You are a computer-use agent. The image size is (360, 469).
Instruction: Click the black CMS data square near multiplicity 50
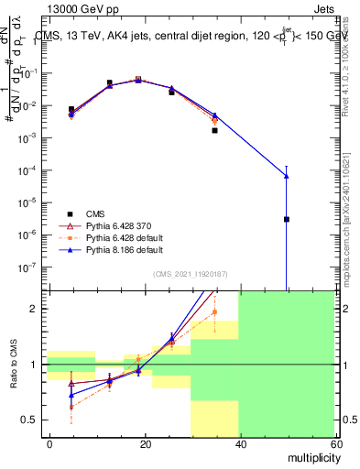pyautogui.click(x=287, y=219)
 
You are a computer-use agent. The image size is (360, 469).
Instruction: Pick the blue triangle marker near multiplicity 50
pyautogui.click(x=287, y=176)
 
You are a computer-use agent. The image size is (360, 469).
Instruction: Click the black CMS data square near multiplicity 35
pyautogui.click(x=214, y=130)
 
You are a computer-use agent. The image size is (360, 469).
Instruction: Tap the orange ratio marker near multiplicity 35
pyautogui.click(x=214, y=312)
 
